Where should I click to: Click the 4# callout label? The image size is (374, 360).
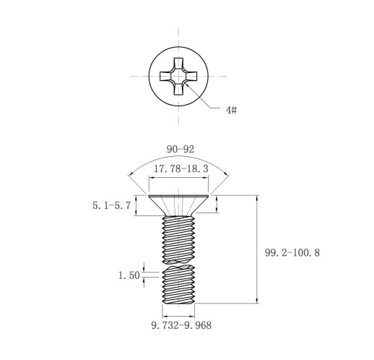pyautogui.click(x=231, y=110)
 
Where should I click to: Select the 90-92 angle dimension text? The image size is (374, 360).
pyautogui.click(x=181, y=150)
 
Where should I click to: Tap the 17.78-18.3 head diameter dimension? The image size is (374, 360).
pyautogui.click(x=181, y=168)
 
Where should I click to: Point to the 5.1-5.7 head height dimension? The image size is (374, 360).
pyautogui.click(x=112, y=205)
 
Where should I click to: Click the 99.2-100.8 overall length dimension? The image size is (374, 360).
pyautogui.click(x=292, y=253)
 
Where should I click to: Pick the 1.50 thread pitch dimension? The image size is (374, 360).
pyautogui.click(x=129, y=275)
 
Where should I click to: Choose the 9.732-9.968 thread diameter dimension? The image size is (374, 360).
pyautogui.click(x=181, y=325)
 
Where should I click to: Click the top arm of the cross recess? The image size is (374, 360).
pyautogui.click(x=178, y=64)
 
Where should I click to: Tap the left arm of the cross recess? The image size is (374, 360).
pyautogui.click(x=166, y=76)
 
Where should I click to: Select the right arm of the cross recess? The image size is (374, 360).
pyautogui.click(x=191, y=76)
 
